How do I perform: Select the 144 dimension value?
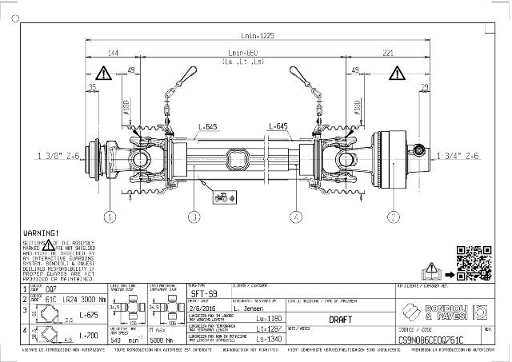pyautogui.click(x=113, y=53)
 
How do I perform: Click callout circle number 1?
pyautogui.click(x=110, y=216)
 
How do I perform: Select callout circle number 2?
pyautogui.click(x=394, y=216)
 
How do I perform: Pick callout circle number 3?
pyautogui.click(x=194, y=216)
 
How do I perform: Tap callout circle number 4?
pyautogui.click(x=296, y=216)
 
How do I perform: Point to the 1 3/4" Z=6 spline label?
pyautogui.click(x=461, y=156)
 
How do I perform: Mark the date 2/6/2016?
pyautogui.click(x=203, y=308)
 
